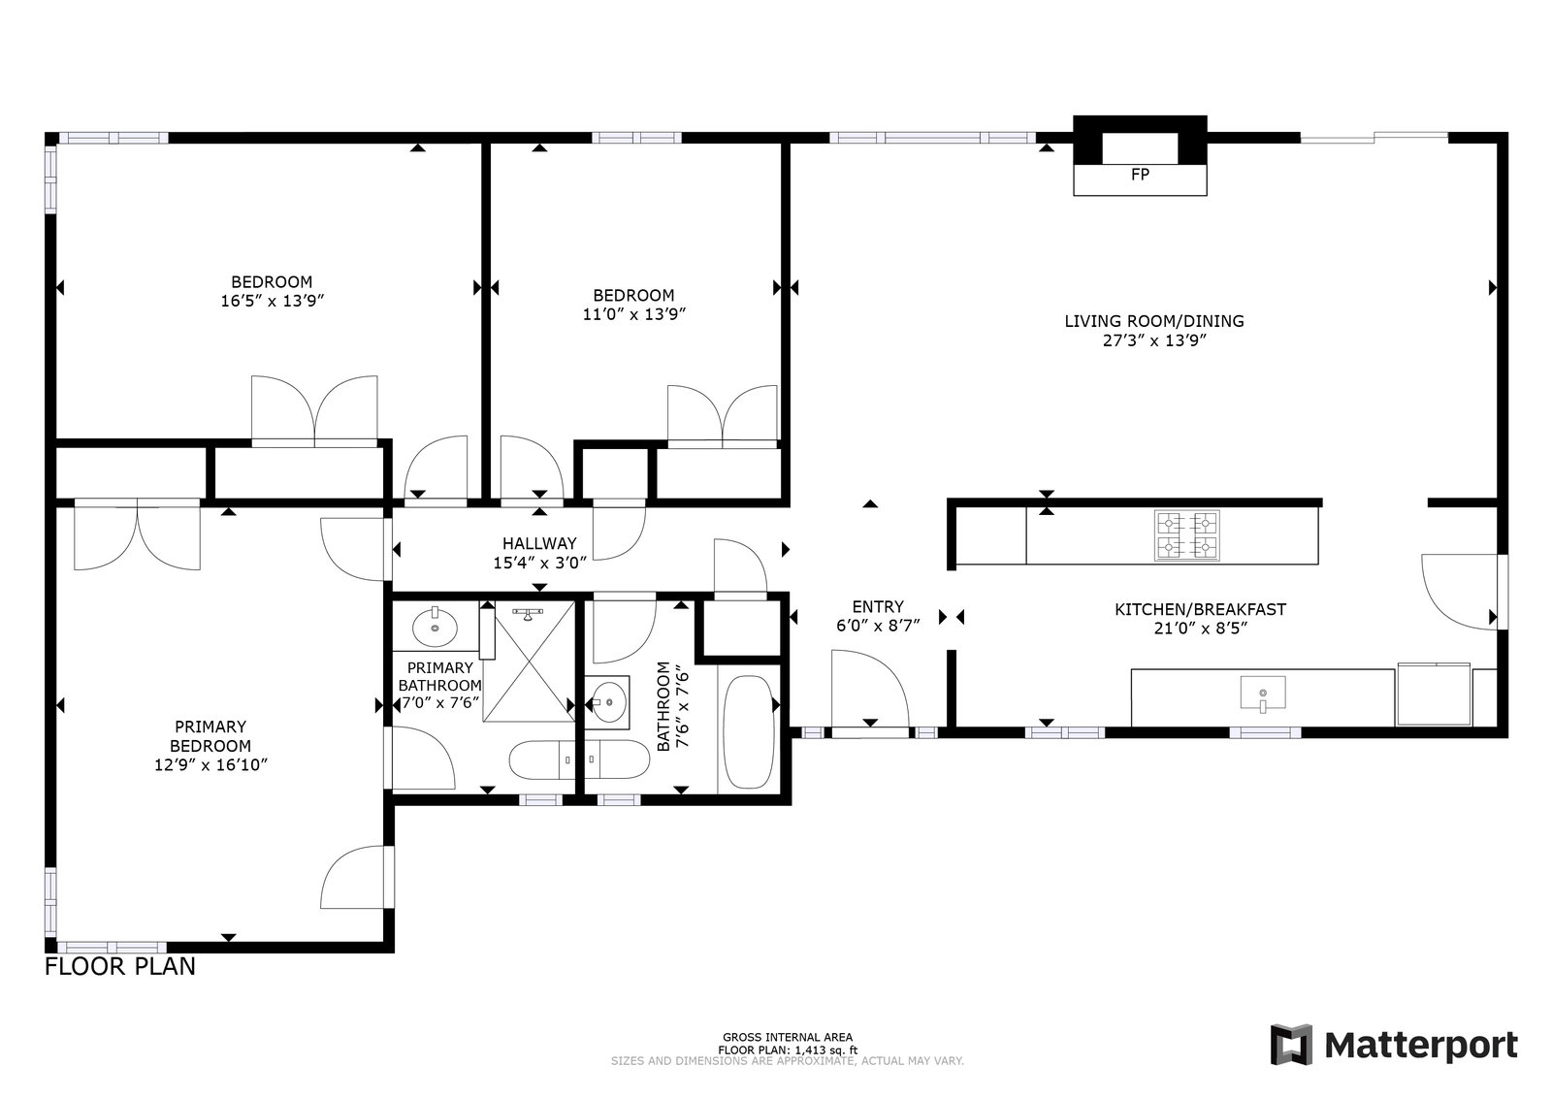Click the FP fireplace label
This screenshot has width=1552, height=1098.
pyautogui.click(x=1140, y=175)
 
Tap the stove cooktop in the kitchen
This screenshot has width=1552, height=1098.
pyautogui.click(x=1187, y=535)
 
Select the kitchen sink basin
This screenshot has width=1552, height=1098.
pyautogui.click(x=1262, y=694)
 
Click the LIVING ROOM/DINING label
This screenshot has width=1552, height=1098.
pyautogui.click(x=1154, y=321)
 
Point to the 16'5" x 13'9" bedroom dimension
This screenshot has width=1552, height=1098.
pyautogui.click(x=273, y=301)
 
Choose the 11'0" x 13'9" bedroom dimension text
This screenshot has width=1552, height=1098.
pyautogui.click(x=634, y=314)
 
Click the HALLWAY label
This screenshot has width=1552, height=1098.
pyautogui.click(x=539, y=544)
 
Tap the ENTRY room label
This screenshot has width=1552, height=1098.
pyautogui.click(x=878, y=607)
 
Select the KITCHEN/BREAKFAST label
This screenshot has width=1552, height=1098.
pyautogui.click(x=1200, y=609)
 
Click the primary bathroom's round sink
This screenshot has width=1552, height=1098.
pyautogui.click(x=436, y=627)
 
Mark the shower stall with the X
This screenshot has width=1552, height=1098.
pyautogui.click(x=530, y=662)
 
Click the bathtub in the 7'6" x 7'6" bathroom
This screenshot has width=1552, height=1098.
pyautogui.click(x=749, y=732)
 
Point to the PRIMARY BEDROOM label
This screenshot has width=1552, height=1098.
pyautogui.click(x=210, y=736)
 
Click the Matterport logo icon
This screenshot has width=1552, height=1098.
pyautogui.click(x=1291, y=1046)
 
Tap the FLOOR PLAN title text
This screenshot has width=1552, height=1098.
pyautogui.click(x=120, y=966)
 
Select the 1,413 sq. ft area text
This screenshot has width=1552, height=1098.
pyautogui.click(x=825, y=1050)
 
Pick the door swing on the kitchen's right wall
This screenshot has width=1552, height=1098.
pyautogui.click(x=1459, y=592)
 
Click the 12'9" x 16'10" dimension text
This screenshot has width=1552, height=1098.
pyautogui.click(x=210, y=764)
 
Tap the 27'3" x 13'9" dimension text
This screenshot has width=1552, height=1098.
pyautogui.click(x=1154, y=340)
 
